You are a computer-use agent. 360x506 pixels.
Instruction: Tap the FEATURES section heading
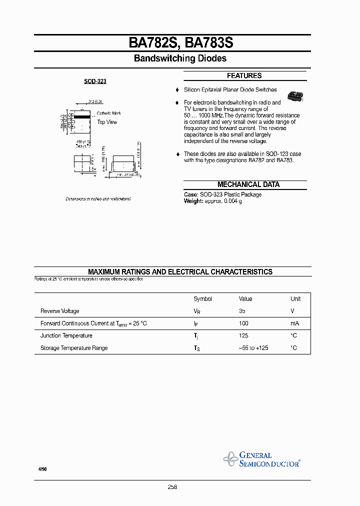pyautogui.click(x=244, y=76)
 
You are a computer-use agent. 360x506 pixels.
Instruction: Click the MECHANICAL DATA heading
pyautogui.click(x=248, y=184)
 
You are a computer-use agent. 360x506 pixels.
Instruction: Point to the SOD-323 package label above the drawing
pyautogui.click(x=95, y=81)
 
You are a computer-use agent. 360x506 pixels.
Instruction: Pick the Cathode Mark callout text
pyautogui.click(x=108, y=113)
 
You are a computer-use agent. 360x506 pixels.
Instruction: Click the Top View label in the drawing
pyautogui.click(x=107, y=122)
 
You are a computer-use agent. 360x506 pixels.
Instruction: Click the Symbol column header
pyautogui.click(x=202, y=299)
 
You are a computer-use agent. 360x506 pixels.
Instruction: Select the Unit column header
pyautogui.click(x=295, y=299)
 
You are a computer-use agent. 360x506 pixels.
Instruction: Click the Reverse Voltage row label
pyautogui.click(x=59, y=311)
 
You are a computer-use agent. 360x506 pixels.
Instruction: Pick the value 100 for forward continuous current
pyautogui.click(x=243, y=323)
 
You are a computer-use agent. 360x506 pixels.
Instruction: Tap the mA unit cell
pyautogui.click(x=294, y=323)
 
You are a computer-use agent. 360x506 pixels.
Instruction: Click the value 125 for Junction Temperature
pyautogui.click(x=243, y=335)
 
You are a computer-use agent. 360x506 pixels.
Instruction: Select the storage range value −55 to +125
pyautogui.click(x=253, y=348)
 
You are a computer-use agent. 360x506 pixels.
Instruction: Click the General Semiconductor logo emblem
pyautogui.click(x=231, y=458)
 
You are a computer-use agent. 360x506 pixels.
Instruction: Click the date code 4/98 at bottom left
pyautogui.click(x=42, y=469)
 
